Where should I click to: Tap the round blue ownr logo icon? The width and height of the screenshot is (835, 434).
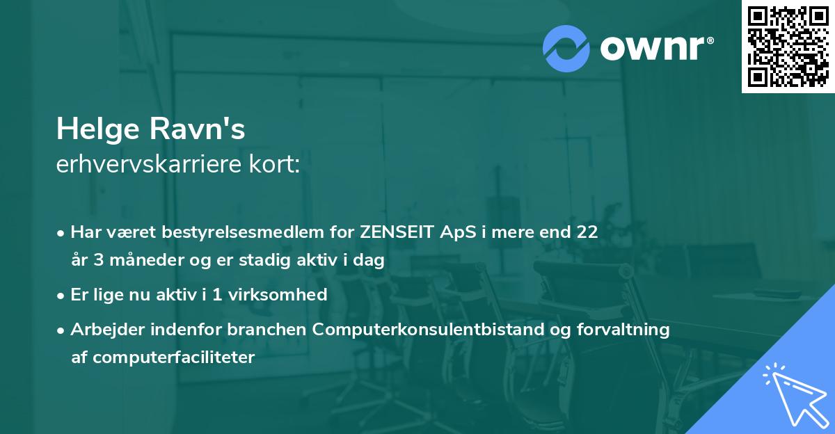click(566, 48)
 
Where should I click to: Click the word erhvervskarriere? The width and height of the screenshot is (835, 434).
click(146, 165)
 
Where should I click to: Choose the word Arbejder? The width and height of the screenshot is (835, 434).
click(102, 330)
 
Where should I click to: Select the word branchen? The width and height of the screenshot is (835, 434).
click(273, 330)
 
